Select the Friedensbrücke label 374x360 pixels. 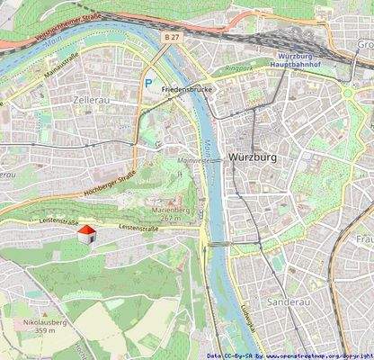tap(185, 91)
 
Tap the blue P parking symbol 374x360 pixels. tap(147, 82)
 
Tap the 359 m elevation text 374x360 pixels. tap(40, 330)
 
